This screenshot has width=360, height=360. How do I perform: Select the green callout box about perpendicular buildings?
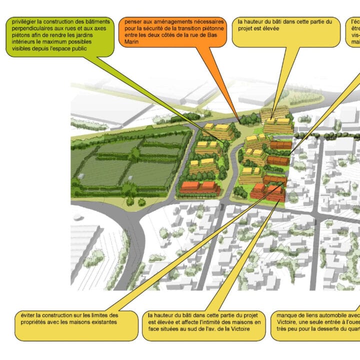point(57,36)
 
